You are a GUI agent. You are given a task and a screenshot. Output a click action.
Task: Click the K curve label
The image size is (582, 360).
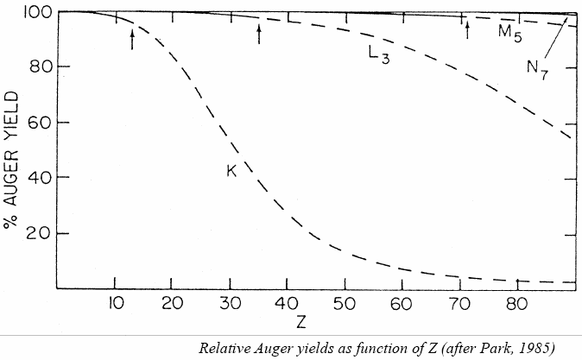tap(232, 170)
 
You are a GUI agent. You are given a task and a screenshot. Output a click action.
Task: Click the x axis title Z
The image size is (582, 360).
tap(299, 322)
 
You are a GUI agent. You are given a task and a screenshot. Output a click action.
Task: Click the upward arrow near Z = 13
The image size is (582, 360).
tap(132, 38)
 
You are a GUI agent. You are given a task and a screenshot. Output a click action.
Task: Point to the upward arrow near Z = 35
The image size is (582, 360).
tap(258, 34)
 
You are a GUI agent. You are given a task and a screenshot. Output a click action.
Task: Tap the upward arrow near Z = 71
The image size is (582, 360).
tap(467, 30)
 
